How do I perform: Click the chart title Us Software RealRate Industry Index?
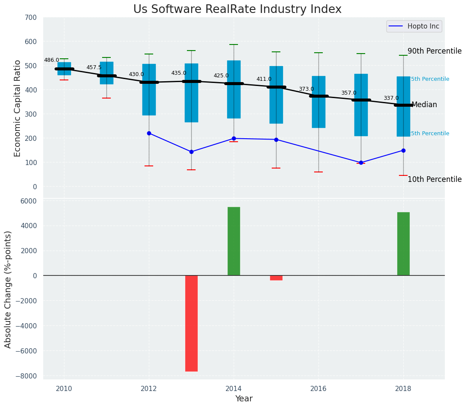coord(237,10)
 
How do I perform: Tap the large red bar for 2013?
coord(191,323)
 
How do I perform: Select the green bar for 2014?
coord(234,241)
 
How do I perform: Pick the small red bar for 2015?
coord(276,278)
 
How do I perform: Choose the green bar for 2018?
coord(403,244)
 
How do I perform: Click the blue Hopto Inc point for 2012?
coord(149,133)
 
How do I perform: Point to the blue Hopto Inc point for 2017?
coord(361,162)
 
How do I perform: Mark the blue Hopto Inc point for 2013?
coord(191,152)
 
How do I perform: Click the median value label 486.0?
coord(51,60)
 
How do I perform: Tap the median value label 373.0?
coord(306,89)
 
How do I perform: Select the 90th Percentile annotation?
coord(434,51)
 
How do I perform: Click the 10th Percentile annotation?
coord(434,179)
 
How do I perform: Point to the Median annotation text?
coord(424,105)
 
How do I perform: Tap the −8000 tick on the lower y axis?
coord(26,376)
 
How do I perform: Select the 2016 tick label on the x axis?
coord(318,388)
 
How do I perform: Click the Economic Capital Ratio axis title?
coord(18,108)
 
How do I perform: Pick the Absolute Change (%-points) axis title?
coord(8,289)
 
